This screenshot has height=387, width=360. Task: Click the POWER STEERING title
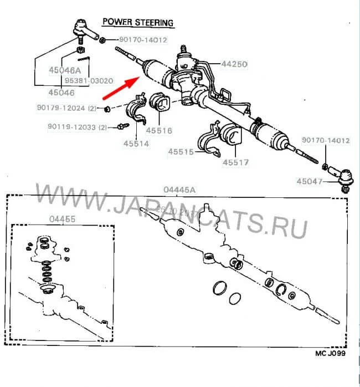coord(138,23)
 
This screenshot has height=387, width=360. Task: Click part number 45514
coord(136,143)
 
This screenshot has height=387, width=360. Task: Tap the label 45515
coord(181,151)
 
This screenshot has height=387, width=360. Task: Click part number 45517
coord(236,163)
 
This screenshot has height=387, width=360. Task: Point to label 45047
coord(308,181)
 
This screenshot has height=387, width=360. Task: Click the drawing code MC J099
coord(330,368)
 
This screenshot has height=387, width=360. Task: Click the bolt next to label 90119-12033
coord(119,128)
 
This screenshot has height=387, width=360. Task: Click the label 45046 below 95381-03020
coord(48,92)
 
